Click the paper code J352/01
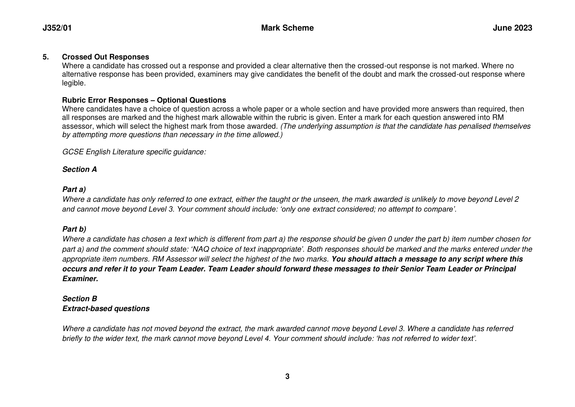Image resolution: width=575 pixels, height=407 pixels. (57, 28)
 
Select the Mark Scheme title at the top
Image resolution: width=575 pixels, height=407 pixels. (287, 28)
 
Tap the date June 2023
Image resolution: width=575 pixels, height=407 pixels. (512, 28)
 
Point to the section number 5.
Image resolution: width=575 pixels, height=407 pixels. (45, 57)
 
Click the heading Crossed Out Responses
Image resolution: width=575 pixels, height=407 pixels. (105, 57)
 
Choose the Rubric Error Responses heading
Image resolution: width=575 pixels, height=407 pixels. (144, 100)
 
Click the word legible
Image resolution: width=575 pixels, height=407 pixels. (73, 83)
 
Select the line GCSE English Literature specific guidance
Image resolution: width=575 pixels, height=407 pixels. (134, 152)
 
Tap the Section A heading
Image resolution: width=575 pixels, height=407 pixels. (79, 169)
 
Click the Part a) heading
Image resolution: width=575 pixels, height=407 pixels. (74, 189)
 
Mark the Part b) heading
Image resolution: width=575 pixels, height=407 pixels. (74, 229)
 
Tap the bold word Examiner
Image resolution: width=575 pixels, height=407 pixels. (80, 279)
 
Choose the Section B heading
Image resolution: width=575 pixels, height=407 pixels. (79, 299)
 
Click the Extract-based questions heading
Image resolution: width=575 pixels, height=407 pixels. (106, 309)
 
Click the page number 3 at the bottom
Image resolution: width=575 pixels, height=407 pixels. (287, 377)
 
